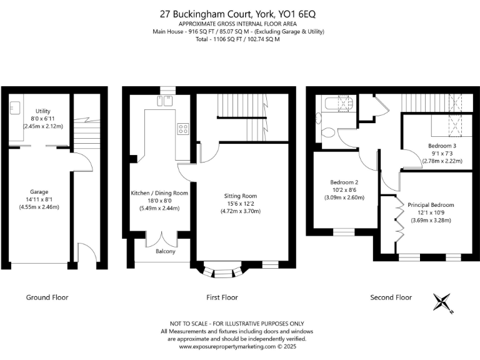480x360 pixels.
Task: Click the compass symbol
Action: pos(444,302)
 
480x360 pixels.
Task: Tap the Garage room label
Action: pos(39,192)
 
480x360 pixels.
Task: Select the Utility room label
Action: pos(42,111)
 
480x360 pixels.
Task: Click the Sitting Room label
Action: pos(241,196)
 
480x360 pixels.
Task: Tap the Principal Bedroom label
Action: pos(431,205)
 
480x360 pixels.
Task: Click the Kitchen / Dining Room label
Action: pos(159,193)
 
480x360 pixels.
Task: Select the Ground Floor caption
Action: pos(47,297)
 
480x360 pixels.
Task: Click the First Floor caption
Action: pos(222,297)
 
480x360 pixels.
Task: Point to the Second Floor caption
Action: pos(391,297)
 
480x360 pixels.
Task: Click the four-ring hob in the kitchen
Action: pos(184,129)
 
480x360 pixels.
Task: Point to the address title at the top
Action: pos(239,12)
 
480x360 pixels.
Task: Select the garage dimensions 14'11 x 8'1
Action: pos(39,199)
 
